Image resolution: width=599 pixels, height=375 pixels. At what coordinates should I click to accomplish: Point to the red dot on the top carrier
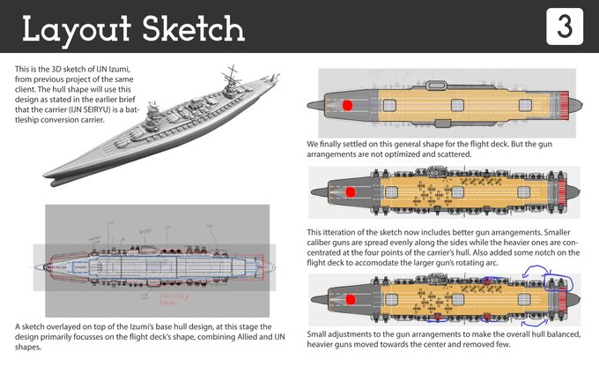[x=347, y=104]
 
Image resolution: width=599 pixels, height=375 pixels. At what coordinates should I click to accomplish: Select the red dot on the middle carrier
[x=350, y=191]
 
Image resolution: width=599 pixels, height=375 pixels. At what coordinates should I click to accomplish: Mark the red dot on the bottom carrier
[x=351, y=299]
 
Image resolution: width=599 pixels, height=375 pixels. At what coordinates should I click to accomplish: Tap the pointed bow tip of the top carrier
[x=311, y=104]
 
